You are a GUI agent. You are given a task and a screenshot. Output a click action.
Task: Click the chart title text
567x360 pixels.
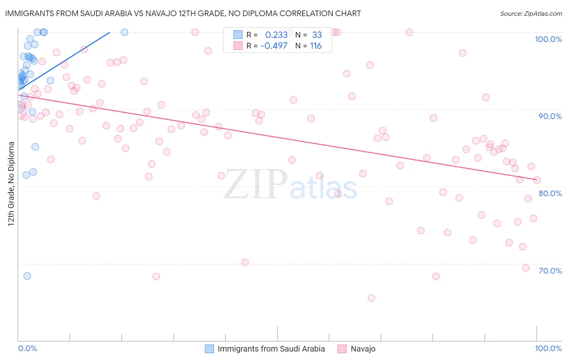[x=183, y=13]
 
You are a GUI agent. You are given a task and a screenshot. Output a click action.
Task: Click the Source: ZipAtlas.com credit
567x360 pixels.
[x=531, y=13]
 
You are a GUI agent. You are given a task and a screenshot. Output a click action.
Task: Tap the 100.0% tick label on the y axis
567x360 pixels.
[x=548, y=39]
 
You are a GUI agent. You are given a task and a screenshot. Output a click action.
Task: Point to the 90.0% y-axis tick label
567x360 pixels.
[x=550, y=116]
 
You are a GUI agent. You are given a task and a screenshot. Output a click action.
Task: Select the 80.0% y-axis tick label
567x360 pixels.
[x=550, y=193]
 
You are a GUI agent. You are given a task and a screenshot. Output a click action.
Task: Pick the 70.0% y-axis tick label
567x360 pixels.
[x=550, y=271]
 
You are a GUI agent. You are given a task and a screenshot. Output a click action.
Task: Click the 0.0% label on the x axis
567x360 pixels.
[x=27, y=348]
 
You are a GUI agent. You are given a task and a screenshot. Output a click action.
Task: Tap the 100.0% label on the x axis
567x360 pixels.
[x=548, y=348]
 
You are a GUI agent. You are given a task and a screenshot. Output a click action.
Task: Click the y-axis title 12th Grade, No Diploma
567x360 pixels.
[x=11, y=184]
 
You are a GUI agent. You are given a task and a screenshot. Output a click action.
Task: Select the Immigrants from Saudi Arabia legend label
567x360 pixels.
[x=271, y=349]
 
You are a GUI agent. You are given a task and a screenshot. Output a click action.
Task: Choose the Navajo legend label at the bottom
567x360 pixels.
[x=363, y=349]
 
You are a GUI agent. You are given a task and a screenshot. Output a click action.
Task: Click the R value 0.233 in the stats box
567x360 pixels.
[x=276, y=35]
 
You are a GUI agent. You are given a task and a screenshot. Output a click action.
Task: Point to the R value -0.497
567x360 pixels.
[x=274, y=46]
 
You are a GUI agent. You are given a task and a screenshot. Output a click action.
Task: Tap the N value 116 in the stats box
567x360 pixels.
[x=316, y=46]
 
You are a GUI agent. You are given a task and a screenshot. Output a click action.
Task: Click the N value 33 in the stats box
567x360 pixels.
[x=317, y=35]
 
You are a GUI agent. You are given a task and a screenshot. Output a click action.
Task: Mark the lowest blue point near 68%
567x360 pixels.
[x=27, y=276]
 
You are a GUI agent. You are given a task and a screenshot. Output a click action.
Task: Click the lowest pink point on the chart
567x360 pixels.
[x=371, y=298]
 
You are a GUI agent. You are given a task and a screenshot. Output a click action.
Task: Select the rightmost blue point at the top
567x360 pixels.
[x=125, y=32]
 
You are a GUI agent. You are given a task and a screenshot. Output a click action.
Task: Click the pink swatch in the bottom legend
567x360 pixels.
[x=342, y=349]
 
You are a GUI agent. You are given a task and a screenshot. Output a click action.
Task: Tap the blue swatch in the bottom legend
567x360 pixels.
[x=209, y=349]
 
